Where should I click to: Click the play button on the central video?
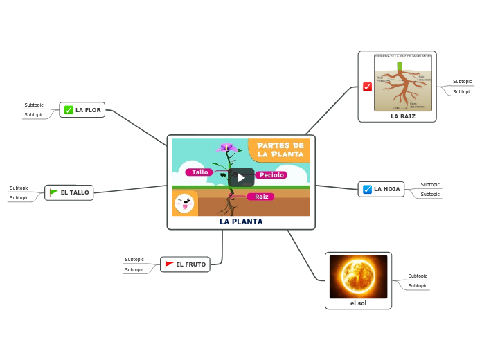[241, 177]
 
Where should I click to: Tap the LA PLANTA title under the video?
[241, 222]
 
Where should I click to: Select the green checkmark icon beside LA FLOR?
[69, 110]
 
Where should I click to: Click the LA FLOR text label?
[88, 110]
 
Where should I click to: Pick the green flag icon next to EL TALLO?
[53, 192]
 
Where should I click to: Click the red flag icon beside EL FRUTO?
[169, 264]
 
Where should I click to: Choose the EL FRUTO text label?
[190, 264]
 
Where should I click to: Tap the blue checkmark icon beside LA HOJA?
[367, 189]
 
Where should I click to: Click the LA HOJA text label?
[387, 189]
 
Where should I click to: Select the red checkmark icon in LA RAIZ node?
[367, 87]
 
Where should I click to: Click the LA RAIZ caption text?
[403, 116]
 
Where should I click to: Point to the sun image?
[358, 276]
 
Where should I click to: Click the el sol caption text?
[358, 303]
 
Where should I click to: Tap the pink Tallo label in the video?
[199, 172]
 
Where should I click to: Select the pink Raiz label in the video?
[261, 197]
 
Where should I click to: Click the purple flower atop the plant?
[226, 147]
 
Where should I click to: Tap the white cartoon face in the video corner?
[184, 204]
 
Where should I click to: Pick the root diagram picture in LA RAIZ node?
[403, 83]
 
